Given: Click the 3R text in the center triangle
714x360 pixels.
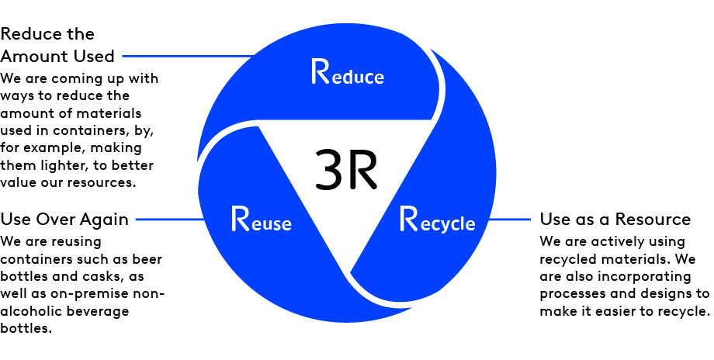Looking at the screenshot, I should [x=345, y=171].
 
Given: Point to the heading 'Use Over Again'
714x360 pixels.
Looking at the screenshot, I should [x=65, y=219].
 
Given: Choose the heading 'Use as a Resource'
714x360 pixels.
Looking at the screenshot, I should [x=615, y=219].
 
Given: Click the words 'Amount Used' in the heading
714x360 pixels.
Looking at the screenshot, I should [x=57, y=56].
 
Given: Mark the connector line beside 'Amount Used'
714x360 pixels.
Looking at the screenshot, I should [x=186, y=56].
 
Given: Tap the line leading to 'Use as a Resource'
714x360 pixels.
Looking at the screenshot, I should [x=509, y=220].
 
